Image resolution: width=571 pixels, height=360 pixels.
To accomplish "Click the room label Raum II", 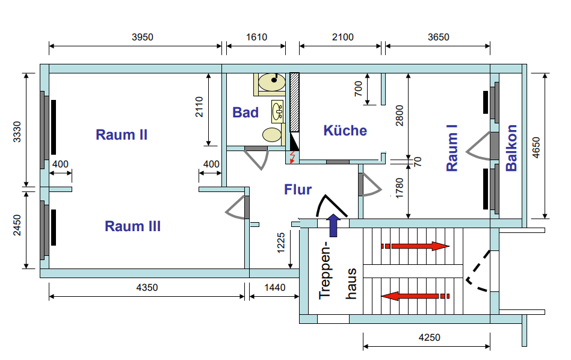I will tap(122, 134).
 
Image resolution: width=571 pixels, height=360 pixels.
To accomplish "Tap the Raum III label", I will tap(132, 226).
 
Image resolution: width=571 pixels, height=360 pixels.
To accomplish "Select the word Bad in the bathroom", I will tap(245, 113).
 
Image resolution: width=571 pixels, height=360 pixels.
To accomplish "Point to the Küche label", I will tap(345, 131).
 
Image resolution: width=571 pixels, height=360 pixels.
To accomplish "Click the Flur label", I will tap(298, 190).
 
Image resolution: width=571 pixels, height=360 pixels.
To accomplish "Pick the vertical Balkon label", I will tap(511, 148).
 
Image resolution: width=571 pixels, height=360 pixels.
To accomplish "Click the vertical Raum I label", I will tap(452, 148).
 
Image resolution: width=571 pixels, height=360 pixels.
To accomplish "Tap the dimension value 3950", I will tap(143, 37).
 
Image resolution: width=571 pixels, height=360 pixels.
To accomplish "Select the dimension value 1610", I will tap(256, 37).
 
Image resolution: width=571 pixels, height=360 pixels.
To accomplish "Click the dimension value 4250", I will tap(428, 338).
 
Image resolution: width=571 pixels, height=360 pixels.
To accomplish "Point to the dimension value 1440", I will tap(275, 288).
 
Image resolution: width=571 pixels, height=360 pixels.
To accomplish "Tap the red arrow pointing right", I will tap(415, 246).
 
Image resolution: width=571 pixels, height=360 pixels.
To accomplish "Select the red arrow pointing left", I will tap(415, 296).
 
